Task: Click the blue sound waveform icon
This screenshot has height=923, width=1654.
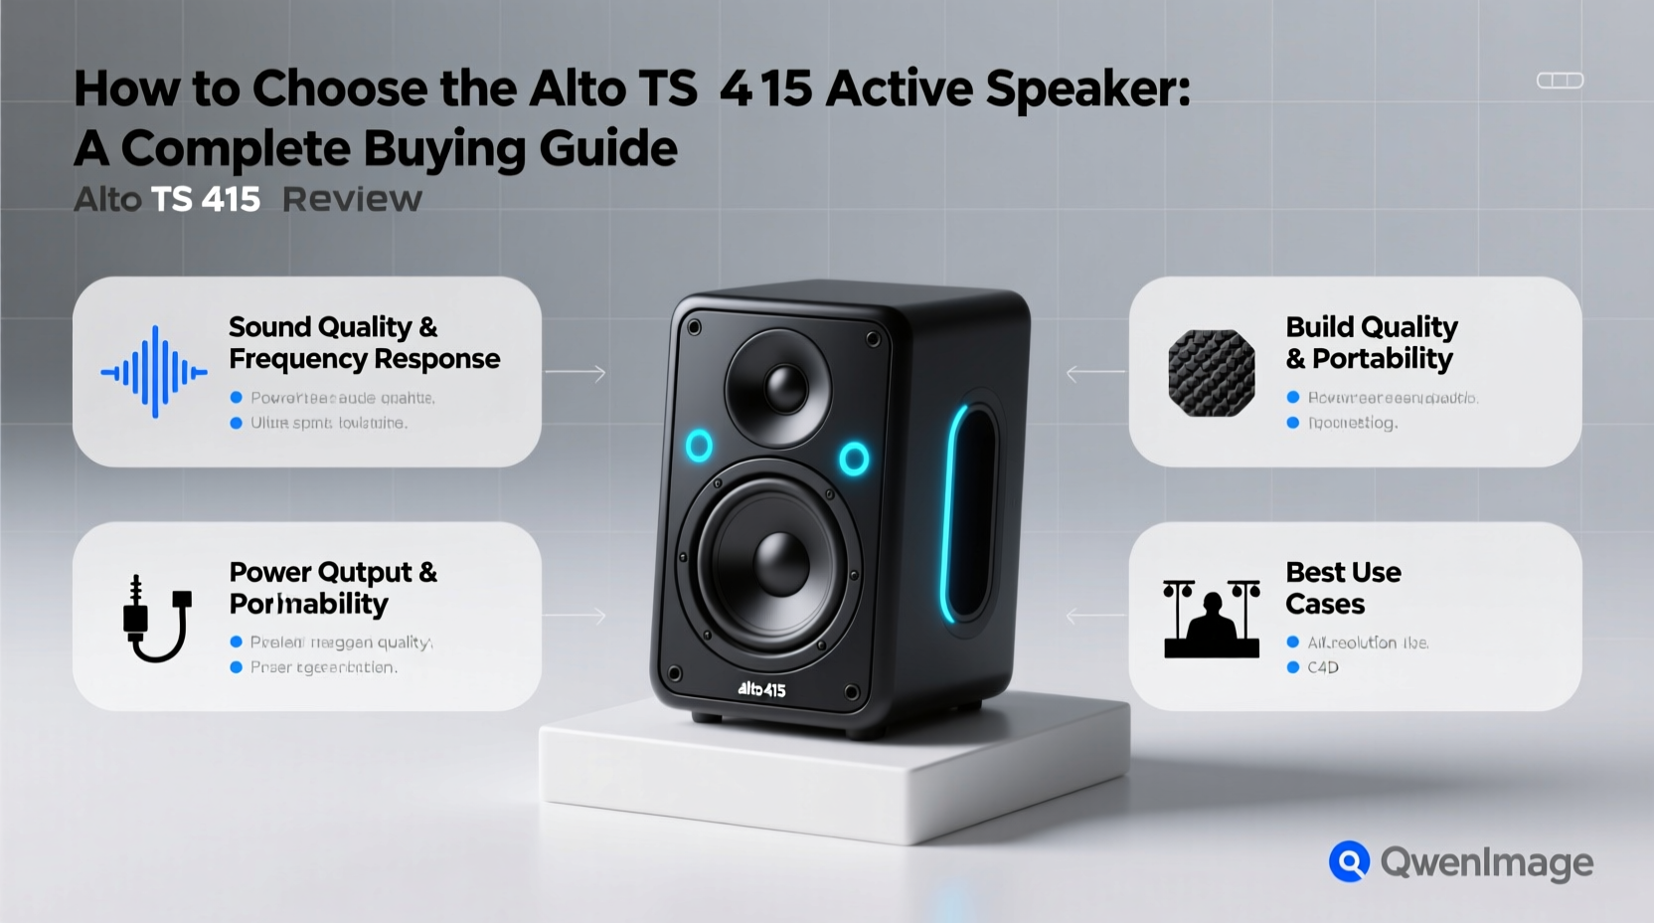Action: [x=154, y=372]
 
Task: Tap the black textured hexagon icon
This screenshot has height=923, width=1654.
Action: [x=1211, y=373]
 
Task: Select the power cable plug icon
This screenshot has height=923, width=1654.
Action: [x=156, y=618]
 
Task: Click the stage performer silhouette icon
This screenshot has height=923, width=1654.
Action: [x=1211, y=619]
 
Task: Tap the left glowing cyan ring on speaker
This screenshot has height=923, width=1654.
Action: [x=699, y=447]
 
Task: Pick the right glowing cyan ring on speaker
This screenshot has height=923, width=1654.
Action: [x=854, y=459]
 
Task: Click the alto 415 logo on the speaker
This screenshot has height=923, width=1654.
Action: [x=761, y=688]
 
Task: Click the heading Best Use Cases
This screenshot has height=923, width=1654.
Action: [x=1342, y=588]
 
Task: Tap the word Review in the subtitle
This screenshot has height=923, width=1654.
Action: [x=352, y=200]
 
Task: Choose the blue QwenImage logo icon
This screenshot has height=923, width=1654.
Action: [x=1349, y=861]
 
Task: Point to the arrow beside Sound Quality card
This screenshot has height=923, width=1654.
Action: [x=576, y=374]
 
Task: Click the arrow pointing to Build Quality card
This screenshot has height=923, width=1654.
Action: [x=1094, y=374]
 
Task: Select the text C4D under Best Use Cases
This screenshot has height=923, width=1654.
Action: [x=1322, y=667]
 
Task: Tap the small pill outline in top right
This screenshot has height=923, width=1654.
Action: [x=1560, y=81]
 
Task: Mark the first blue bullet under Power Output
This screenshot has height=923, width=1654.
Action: [x=237, y=643]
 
